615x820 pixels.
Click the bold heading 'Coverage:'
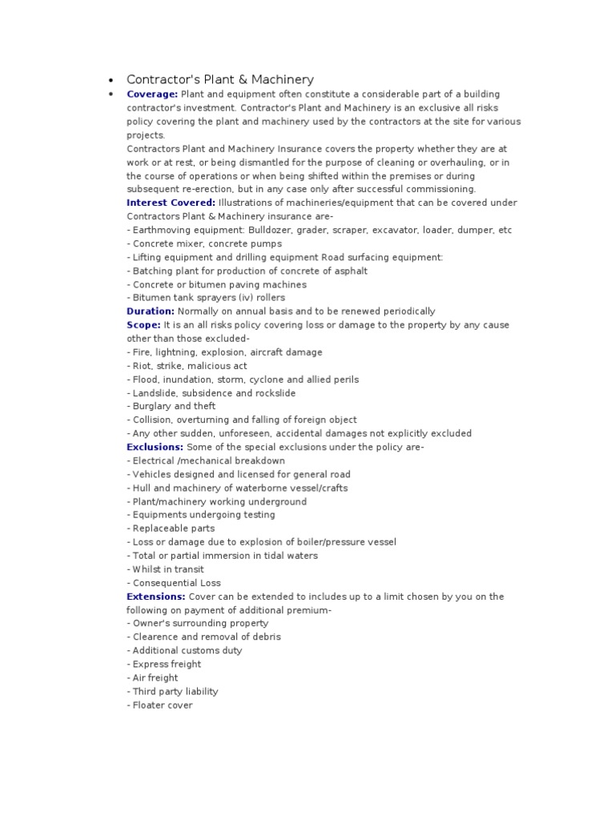point(152,94)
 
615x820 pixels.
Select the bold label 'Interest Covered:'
point(171,203)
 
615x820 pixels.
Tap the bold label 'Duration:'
point(151,311)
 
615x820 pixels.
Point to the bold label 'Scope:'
point(144,325)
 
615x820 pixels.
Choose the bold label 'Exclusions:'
point(155,447)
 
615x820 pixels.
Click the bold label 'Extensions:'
point(156,597)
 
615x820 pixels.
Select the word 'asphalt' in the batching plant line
point(350,271)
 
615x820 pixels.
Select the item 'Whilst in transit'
point(165,569)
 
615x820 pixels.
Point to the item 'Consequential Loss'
point(174,583)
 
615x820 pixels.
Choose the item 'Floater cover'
point(160,705)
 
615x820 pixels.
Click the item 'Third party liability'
point(172,691)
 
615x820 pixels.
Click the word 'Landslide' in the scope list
point(155,393)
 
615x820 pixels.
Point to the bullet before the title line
point(111,80)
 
